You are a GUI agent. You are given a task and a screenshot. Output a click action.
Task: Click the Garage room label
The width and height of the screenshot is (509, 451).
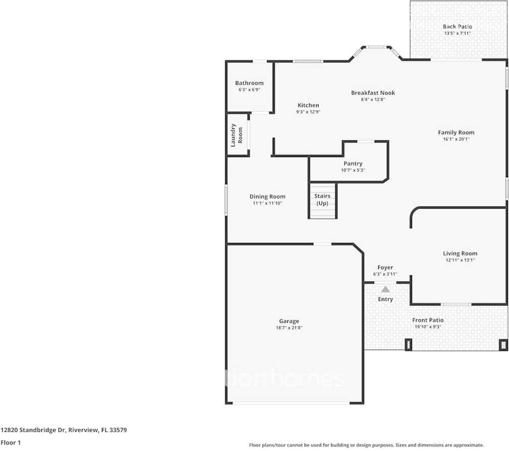289,321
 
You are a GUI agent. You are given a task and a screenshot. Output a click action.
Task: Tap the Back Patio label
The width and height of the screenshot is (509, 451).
457,27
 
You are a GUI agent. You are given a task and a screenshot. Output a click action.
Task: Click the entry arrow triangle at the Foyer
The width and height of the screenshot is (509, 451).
385,289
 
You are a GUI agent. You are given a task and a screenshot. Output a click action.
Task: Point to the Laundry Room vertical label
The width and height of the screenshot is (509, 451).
237,135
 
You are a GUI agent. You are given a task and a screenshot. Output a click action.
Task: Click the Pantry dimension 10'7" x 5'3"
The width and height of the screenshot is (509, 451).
353,170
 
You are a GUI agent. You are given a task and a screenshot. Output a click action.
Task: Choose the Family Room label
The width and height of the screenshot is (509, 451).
456,132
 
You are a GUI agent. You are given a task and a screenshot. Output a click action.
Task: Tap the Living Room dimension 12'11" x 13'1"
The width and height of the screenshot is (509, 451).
460,260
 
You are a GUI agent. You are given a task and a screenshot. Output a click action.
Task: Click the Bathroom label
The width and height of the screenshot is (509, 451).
249,83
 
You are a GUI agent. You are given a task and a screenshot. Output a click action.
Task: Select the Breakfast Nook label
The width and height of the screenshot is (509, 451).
373,93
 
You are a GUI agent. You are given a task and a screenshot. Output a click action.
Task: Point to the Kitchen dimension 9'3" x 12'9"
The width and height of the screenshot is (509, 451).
308,112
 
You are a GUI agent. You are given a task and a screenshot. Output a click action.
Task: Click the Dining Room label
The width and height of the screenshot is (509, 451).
267,196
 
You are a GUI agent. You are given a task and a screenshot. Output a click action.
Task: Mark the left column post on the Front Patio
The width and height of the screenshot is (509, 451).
409,345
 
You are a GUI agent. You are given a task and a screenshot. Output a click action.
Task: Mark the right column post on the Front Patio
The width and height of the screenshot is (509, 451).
502,345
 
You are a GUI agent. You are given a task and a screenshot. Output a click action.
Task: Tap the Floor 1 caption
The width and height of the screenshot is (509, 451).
11,443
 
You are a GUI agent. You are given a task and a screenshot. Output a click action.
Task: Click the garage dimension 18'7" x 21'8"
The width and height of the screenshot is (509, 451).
289,328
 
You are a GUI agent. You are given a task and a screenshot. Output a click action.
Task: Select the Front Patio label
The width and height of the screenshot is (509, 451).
428,320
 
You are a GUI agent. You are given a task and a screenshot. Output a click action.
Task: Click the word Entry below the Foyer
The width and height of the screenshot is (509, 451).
385,299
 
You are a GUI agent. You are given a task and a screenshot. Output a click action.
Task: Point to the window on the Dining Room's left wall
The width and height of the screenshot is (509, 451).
226,200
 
